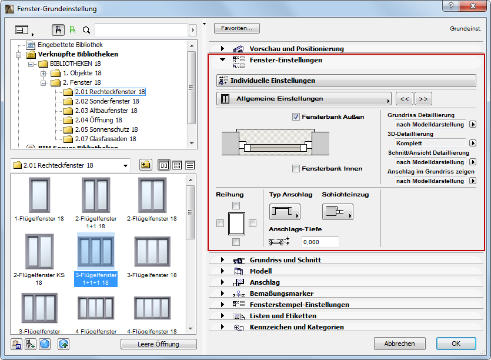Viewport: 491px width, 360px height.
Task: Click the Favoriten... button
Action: [x=237, y=28]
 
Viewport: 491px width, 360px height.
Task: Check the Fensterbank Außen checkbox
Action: [x=296, y=116]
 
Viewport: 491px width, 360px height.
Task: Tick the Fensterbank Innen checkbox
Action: [x=296, y=169]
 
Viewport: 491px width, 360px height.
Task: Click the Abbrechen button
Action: [x=399, y=344]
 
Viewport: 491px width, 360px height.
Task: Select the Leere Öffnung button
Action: [x=158, y=344]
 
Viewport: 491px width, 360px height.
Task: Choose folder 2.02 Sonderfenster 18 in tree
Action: [x=106, y=101]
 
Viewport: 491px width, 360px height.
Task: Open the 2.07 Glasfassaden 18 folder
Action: [x=105, y=139]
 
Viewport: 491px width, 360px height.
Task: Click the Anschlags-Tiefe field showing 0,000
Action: [x=320, y=242]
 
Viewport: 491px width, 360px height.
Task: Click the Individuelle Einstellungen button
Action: [x=346, y=81]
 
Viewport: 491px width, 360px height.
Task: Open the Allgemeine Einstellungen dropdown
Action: [x=303, y=99]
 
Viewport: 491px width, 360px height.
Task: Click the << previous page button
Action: [x=404, y=99]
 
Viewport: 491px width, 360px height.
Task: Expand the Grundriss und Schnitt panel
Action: [x=285, y=260]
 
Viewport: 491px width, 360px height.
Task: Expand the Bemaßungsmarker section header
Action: [x=281, y=294]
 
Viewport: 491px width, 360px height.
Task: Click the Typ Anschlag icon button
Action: [x=285, y=212]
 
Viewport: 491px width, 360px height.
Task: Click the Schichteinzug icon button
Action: [x=338, y=212]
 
